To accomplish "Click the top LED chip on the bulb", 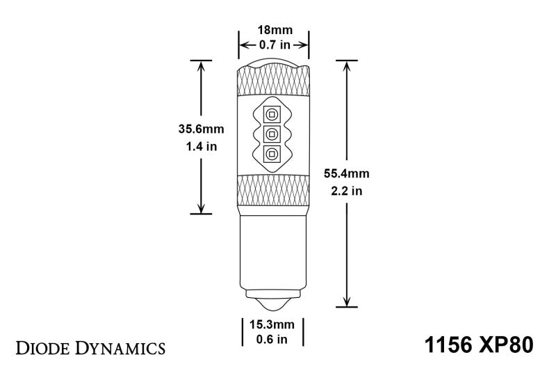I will pos(272,113).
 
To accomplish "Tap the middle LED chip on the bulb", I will pos(272,134).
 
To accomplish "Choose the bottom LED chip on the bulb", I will pos(272,154).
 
